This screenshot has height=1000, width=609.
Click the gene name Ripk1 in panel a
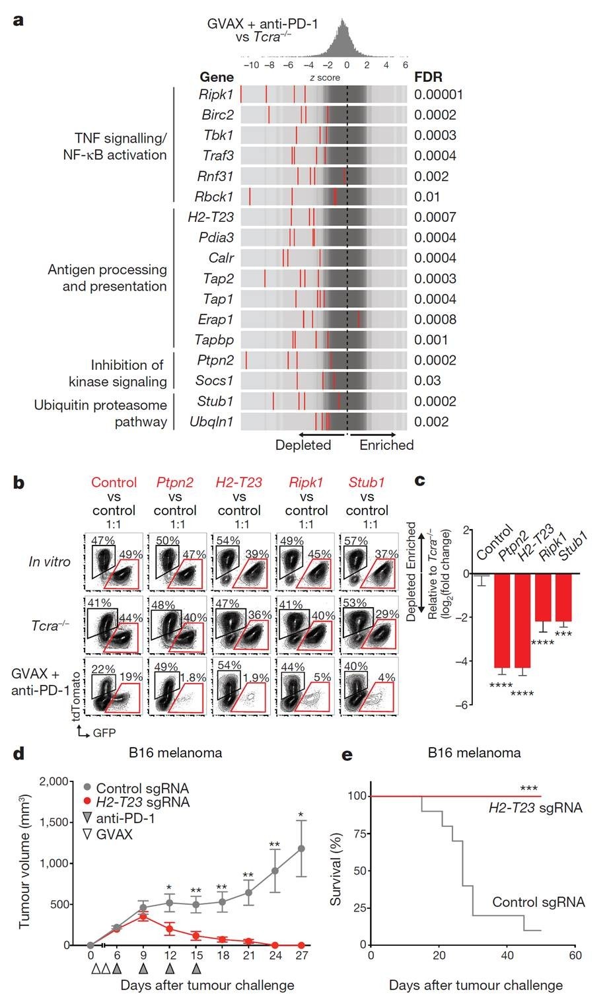216,94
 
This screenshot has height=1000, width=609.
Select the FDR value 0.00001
439,94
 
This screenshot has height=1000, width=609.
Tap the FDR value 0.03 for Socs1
429,380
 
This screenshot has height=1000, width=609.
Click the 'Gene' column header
217,77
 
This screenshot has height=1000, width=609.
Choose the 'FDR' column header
428,77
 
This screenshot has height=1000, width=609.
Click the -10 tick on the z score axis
251,65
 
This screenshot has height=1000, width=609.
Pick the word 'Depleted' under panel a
303,445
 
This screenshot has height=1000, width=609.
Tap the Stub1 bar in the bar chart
563,598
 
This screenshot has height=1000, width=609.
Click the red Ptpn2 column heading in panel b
175,482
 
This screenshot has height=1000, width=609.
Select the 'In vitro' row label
50,562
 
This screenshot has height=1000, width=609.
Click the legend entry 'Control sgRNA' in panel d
142,788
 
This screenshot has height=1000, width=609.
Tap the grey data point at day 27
302,849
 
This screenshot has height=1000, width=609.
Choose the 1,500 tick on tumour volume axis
54,822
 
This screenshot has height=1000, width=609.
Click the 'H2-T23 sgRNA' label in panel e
535,807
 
